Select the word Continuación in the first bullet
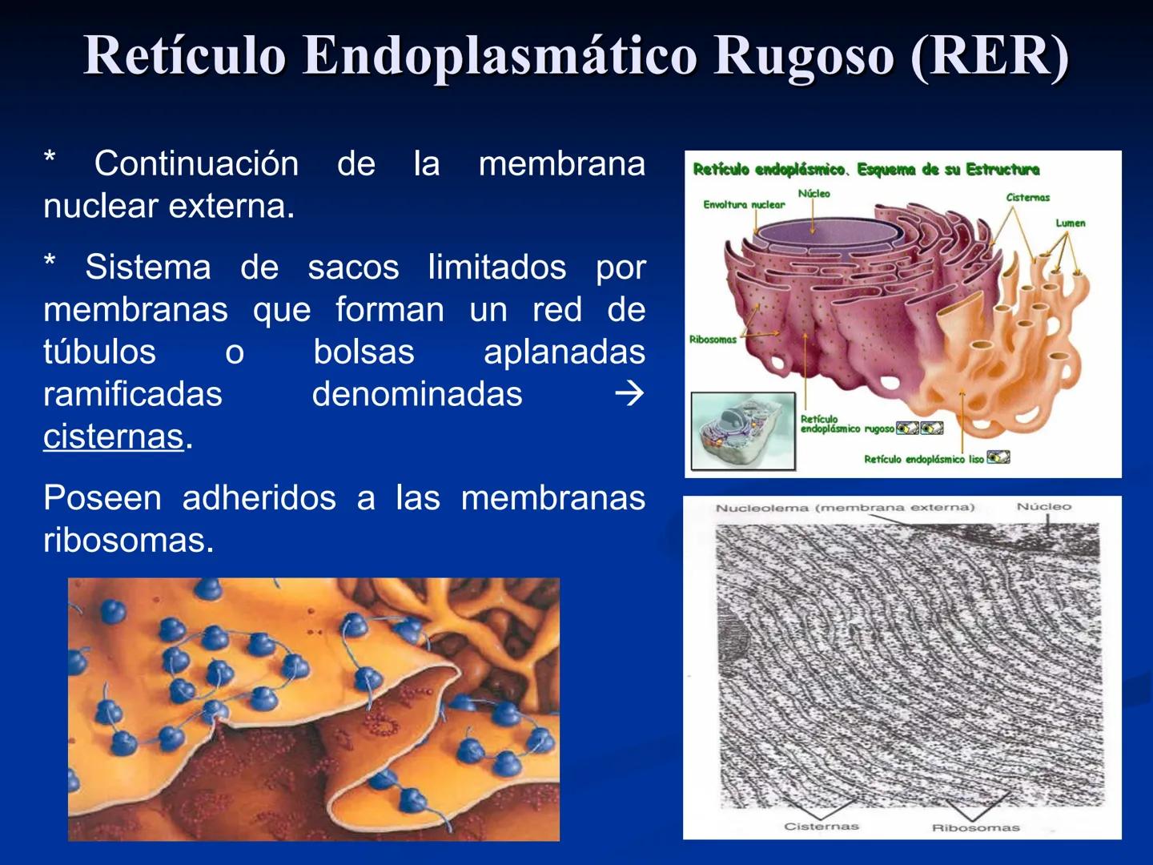[x=196, y=164]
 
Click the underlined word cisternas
[x=114, y=437]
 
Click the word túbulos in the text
[x=99, y=352]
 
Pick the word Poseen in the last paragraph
[x=102, y=498]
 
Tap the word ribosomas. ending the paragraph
[x=128, y=541]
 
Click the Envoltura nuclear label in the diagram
[x=744, y=205]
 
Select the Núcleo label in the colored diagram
[x=814, y=194]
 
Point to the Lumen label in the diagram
[x=1070, y=223]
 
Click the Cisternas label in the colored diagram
[x=1027, y=197]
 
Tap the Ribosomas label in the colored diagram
[x=712, y=340]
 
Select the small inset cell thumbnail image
[x=743, y=431]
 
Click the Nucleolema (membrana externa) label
[x=845, y=508]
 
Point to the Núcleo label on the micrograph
[x=1043, y=507]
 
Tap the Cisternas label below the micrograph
[x=821, y=827]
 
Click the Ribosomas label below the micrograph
[x=975, y=827]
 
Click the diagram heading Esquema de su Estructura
[x=948, y=170]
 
